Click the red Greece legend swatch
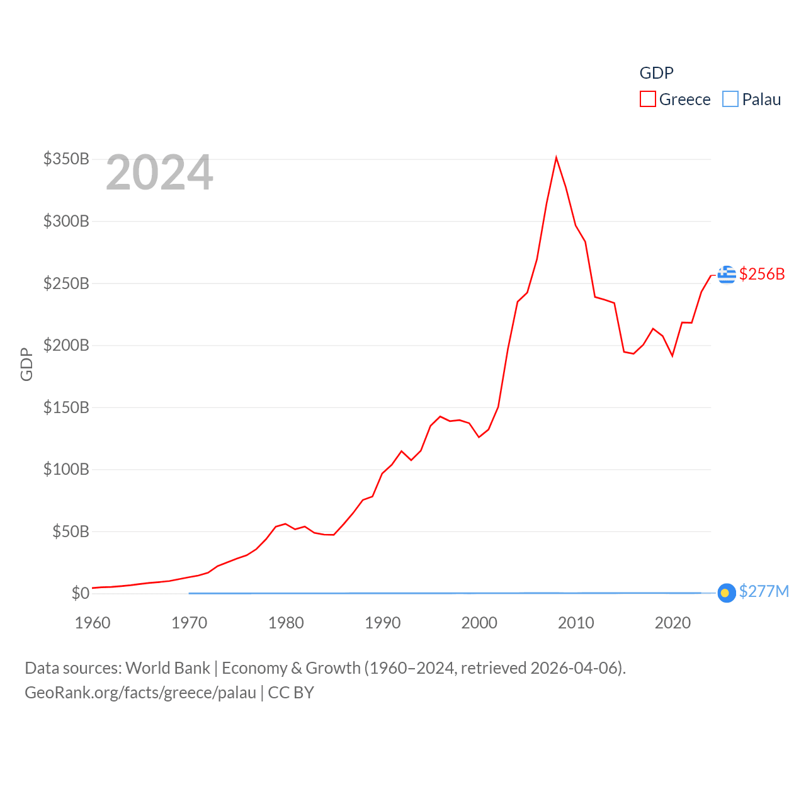point(647,99)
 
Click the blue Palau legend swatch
point(730,99)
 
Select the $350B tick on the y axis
point(66,159)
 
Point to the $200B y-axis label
point(66,345)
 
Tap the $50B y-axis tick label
point(71,531)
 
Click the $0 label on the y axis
point(81,593)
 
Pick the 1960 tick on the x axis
point(93,623)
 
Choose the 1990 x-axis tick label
point(383,623)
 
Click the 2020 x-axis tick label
point(673,623)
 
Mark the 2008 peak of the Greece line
point(556,157)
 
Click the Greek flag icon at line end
point(727,275)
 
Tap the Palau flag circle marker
point(727,593)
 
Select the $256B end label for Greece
point(762,274)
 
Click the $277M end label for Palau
point(764,591)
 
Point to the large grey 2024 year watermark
point(159,173)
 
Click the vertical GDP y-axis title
point(26,364)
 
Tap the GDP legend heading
point(656,73)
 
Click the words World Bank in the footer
point(167,667)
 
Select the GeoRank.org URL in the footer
point(140,693)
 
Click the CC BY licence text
point(291,693)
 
